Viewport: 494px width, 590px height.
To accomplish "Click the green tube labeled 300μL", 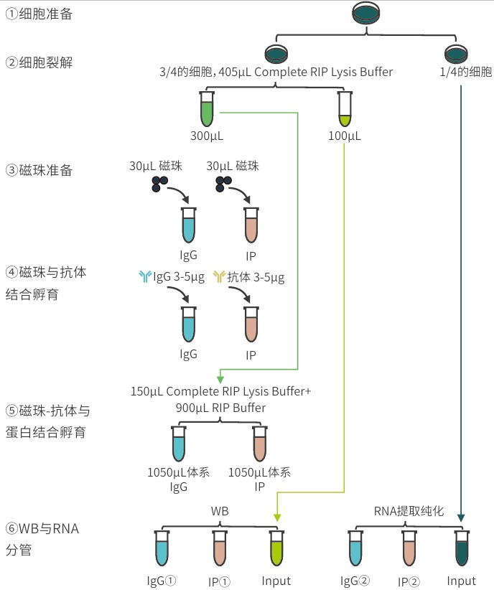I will [x=207, y=109].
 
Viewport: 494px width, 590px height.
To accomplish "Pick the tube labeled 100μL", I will [x=345, y=109].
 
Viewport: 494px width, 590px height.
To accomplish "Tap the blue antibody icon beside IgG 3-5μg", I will [x=145, y=277].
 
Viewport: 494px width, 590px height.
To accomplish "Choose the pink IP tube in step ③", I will [x=251, y=225].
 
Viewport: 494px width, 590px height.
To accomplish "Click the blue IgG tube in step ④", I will [x=188, y=324].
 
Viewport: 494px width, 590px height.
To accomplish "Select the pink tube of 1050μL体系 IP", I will [x=259, y=444].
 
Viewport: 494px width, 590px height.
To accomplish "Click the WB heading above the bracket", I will [x=219, y=510].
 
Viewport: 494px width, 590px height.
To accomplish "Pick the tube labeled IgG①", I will [x=162, y=549].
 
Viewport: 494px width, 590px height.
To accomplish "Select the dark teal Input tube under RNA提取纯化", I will [x=462, y=549].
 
